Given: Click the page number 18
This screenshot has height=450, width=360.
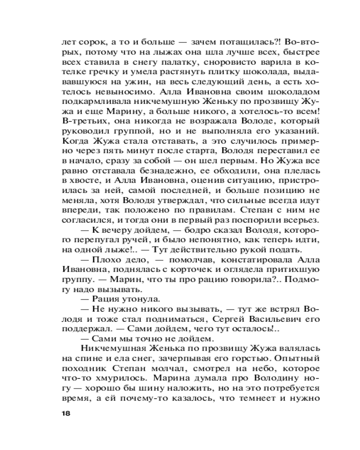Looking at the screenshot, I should coord(66,413).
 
